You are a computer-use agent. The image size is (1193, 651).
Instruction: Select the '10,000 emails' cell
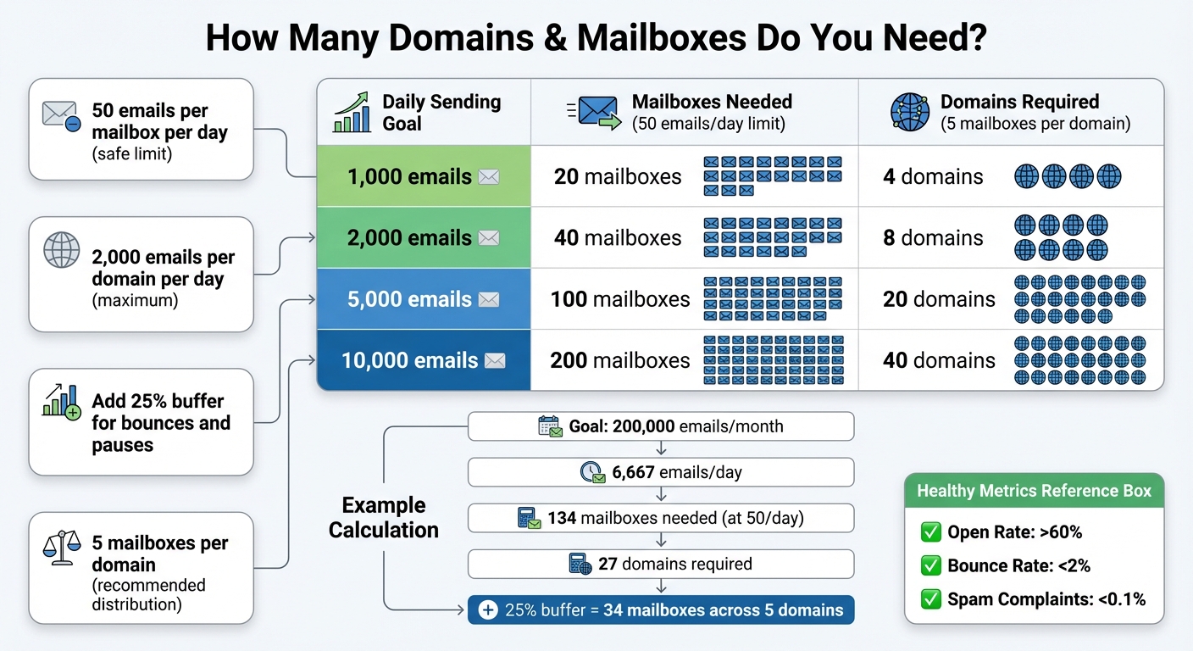[x=423, y=360]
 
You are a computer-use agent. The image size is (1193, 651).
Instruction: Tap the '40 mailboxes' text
[x=618, y=238]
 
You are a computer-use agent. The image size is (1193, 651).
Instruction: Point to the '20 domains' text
[x=939, y=299]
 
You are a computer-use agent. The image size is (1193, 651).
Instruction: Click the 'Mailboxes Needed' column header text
[x=712, y=102]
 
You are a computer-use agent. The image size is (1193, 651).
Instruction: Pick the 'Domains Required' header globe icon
[x=909, y=112]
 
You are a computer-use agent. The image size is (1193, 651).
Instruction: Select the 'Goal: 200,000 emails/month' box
[x=661, y=426]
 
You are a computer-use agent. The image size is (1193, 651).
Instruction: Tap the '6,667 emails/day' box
[x=661, y=472]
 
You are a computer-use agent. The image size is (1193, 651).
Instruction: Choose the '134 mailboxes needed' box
[x=661, y=518]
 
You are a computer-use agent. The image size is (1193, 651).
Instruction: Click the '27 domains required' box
[x=661, y=564]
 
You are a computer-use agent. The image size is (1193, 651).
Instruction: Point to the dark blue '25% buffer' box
[x=661, y=609]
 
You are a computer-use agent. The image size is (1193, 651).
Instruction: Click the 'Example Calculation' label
[x=384, y=518]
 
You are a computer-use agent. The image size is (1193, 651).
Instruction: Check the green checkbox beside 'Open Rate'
[x=930, y=532]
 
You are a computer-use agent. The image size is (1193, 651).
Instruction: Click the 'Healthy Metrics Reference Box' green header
[x=1034, y=491]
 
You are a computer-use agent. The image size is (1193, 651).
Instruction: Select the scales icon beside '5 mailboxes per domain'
[x=62, y=545]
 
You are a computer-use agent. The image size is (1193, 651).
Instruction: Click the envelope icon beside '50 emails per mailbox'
[x=61, y=116]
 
